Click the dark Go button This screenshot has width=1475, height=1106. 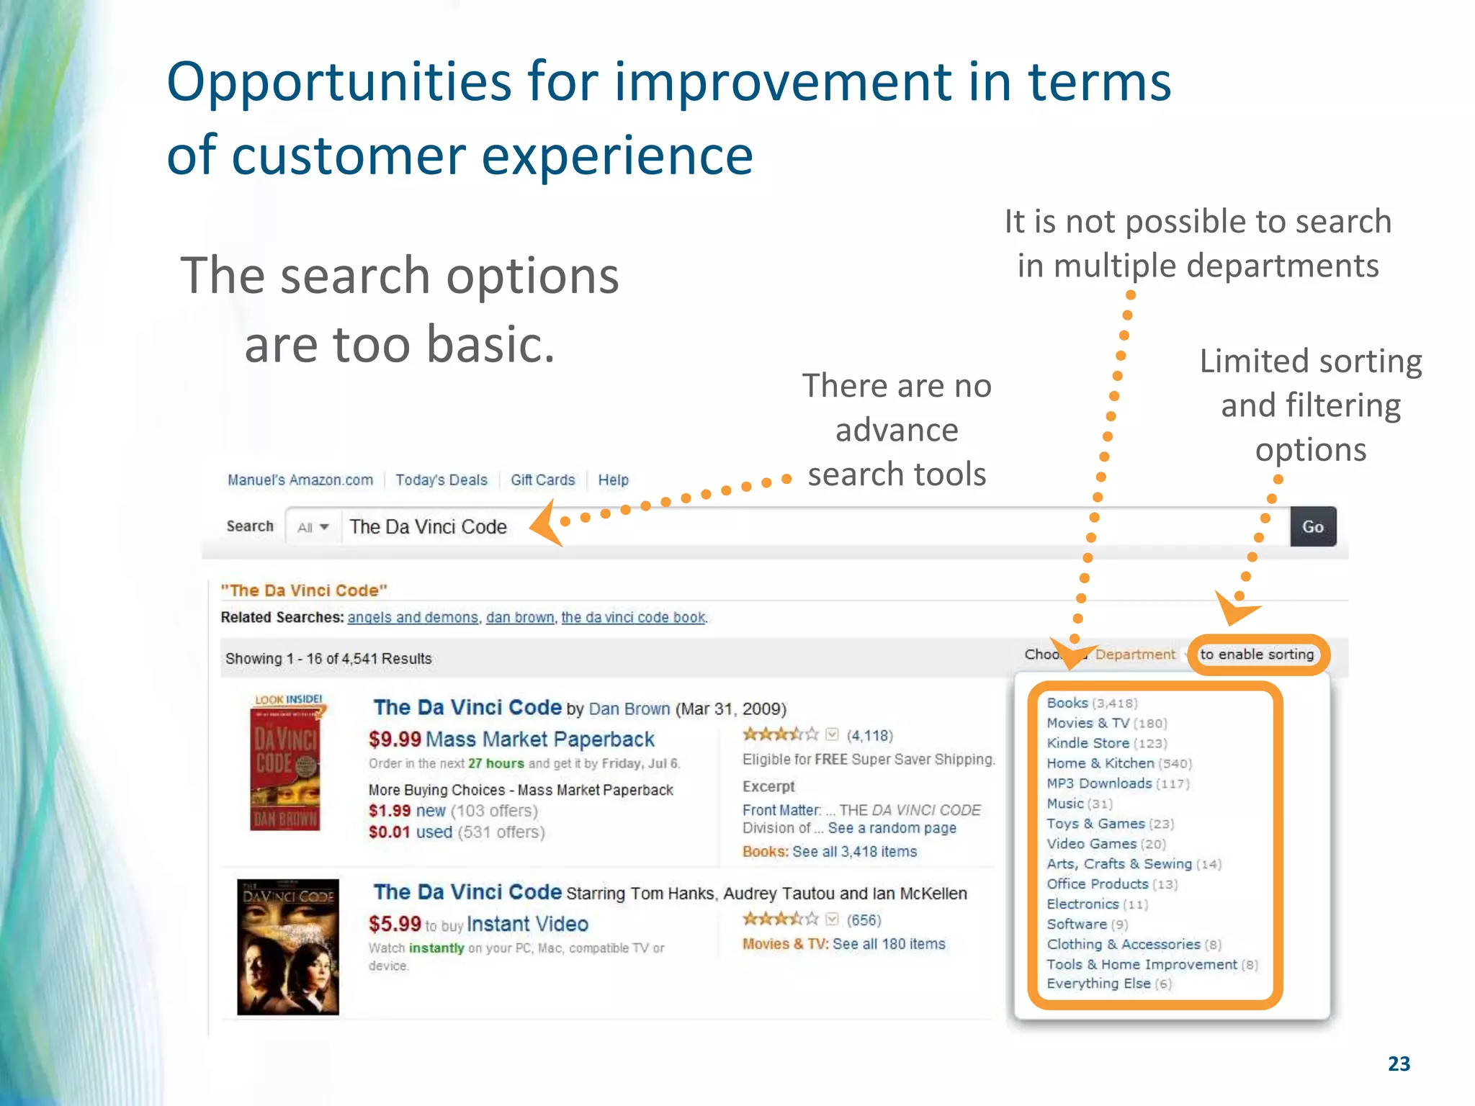tap(1312, 527)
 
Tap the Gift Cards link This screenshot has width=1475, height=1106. tap(542, 480)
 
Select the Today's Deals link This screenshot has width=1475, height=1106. tap(441, 480)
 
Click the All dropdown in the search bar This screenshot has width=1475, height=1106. tap(313, 527)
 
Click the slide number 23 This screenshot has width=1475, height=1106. tap(1399, 1064)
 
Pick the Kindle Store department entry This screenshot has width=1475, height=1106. tap(1088, 743)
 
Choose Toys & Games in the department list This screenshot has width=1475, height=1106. tap(1095, 824)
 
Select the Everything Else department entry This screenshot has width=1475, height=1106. tap(1098, 984)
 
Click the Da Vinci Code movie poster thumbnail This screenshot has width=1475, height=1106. tap(287, 947)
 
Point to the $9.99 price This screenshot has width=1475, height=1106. tap(395, 739)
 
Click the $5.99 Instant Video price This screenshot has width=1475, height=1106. tap(395, 924)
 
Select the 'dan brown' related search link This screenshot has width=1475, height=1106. tap(520, 618)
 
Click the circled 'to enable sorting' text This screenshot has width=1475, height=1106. tap(1257, 655)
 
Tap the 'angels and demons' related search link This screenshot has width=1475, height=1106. tap(413, 618)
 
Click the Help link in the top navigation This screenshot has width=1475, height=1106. tap(613, 480)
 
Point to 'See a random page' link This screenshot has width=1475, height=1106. tap(892, 828)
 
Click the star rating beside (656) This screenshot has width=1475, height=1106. tap(780, 920)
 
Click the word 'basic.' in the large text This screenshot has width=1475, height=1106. tap(490, 344)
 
